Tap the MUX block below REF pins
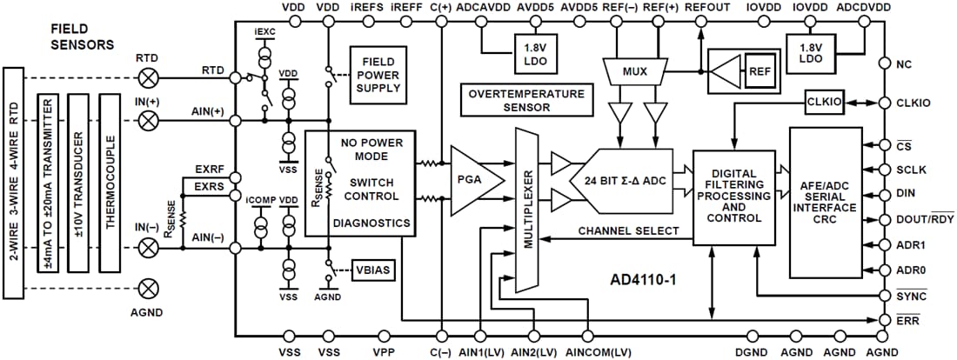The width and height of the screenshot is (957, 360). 634,70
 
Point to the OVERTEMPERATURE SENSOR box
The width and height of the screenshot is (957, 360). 526,100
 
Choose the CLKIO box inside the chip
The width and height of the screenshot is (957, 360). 823,103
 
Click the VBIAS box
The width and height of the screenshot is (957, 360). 373,270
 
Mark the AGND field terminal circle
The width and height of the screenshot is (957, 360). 150,286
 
